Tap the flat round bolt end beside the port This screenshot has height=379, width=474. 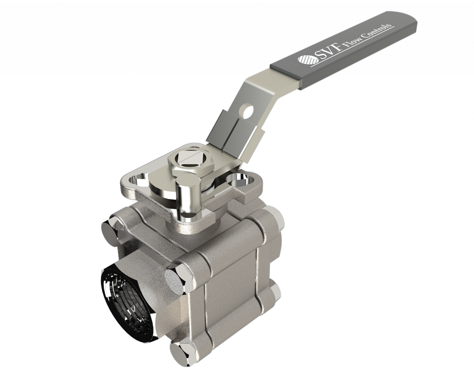[x=176, y=279]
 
